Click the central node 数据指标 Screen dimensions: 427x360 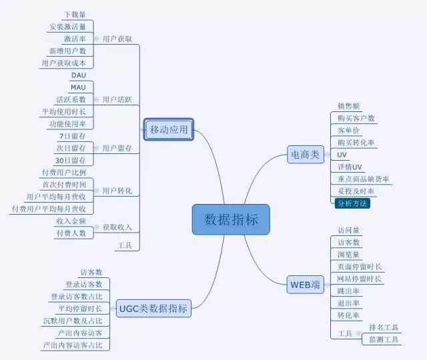(231, 219)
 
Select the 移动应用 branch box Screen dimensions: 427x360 (169, 129)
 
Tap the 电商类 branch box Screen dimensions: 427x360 (305, 155)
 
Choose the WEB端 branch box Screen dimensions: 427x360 (305, 285)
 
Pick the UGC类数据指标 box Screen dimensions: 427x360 (153, 308)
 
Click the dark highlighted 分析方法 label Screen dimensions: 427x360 (352, 203)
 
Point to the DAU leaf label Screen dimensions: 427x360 (78, 75)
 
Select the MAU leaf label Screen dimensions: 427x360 (78, 87)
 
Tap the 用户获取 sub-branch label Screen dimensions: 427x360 (117, 39)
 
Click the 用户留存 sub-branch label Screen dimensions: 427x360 (117, 148)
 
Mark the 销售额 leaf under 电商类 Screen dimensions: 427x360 (349, 106)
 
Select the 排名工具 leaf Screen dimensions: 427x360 (384, 327)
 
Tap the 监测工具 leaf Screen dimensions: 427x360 (384, 340)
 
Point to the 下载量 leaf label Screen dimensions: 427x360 (75, 15)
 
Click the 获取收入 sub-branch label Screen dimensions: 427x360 (117, 227)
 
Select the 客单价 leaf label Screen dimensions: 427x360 (349, 130)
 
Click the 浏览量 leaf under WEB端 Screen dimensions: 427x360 (349, 254)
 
